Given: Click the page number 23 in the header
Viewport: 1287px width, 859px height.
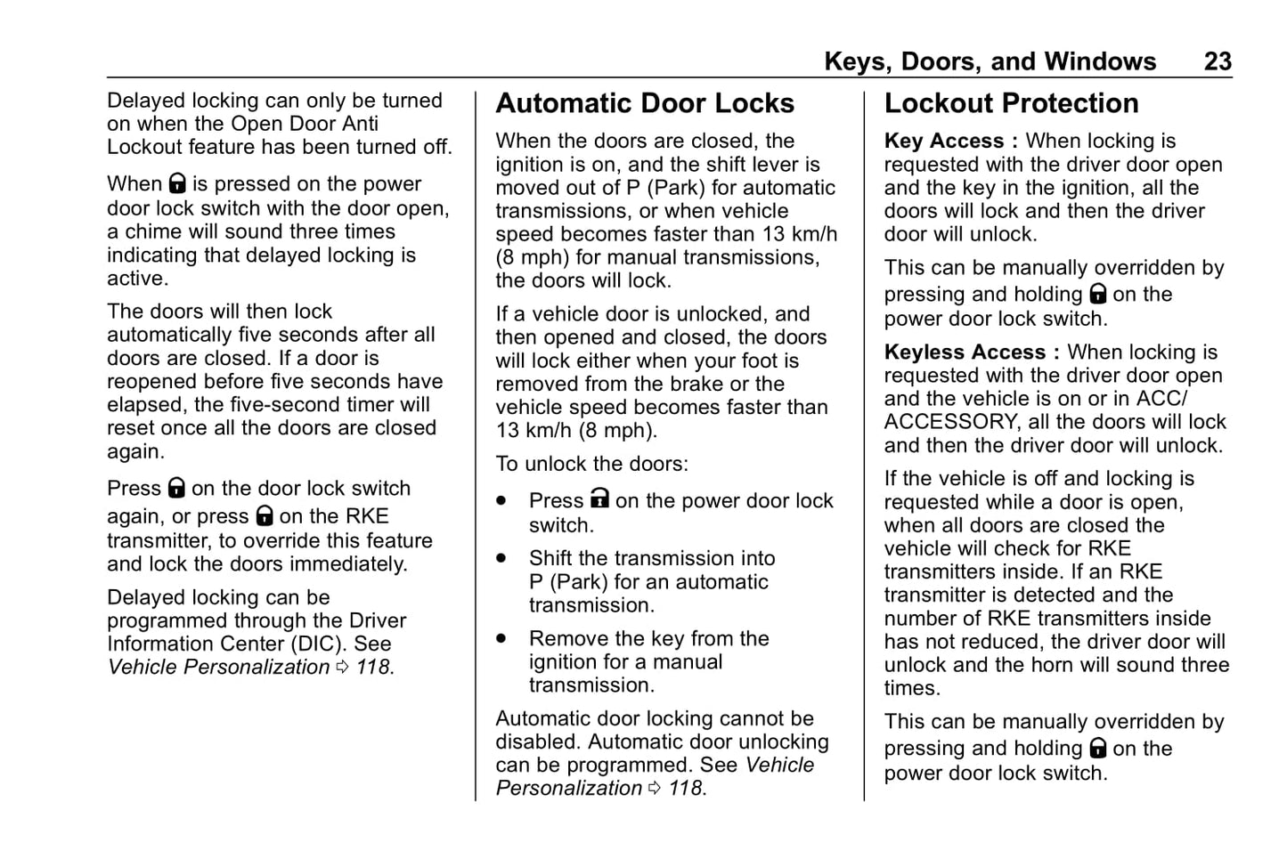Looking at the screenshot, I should [1218, 61].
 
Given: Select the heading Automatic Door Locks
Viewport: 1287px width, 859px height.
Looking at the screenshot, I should [645, 103].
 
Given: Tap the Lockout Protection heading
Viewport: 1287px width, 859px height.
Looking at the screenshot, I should [1011, 103].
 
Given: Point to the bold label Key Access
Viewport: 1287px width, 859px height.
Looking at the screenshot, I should [944, 141].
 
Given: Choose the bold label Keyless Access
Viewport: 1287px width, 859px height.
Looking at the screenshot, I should [965, 352].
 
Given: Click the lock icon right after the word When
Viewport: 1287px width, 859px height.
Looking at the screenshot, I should [177, 184].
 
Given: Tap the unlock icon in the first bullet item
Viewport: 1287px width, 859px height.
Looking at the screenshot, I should [599, 498].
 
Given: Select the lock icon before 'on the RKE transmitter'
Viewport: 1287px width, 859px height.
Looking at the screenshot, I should [265, 515].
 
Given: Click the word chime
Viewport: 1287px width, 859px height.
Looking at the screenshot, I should [153, 231].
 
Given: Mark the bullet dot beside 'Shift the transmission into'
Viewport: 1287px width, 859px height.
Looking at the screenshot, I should [502, 558].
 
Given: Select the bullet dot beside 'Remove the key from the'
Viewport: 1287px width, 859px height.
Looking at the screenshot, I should [502, 638].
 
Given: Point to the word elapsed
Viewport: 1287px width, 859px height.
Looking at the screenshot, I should [146, 404].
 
